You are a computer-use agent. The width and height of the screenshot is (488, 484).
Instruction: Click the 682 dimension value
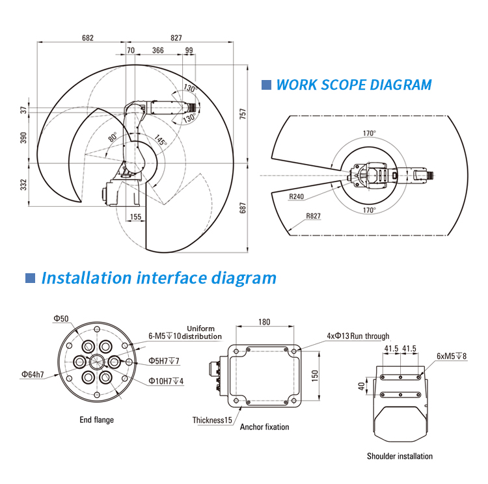point(88,38)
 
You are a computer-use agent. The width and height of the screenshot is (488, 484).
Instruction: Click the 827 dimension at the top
point(176,38)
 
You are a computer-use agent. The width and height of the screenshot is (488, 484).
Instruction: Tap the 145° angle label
point(160,140)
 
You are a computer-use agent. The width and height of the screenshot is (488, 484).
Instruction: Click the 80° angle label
point(112,138)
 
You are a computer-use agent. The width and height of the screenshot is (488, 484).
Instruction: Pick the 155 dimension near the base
point(135,217)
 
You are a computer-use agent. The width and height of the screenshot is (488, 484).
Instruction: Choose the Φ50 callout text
point(61,318)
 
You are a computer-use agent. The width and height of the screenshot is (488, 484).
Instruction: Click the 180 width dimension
point(264,322)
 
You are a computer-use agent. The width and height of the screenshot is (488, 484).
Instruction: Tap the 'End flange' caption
point(96,420)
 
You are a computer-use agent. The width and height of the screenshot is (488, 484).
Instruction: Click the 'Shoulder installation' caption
point(400,456)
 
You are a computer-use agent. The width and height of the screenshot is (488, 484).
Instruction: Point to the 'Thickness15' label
point(212,420)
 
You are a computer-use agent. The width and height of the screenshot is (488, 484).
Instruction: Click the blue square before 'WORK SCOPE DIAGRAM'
point(265,85)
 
